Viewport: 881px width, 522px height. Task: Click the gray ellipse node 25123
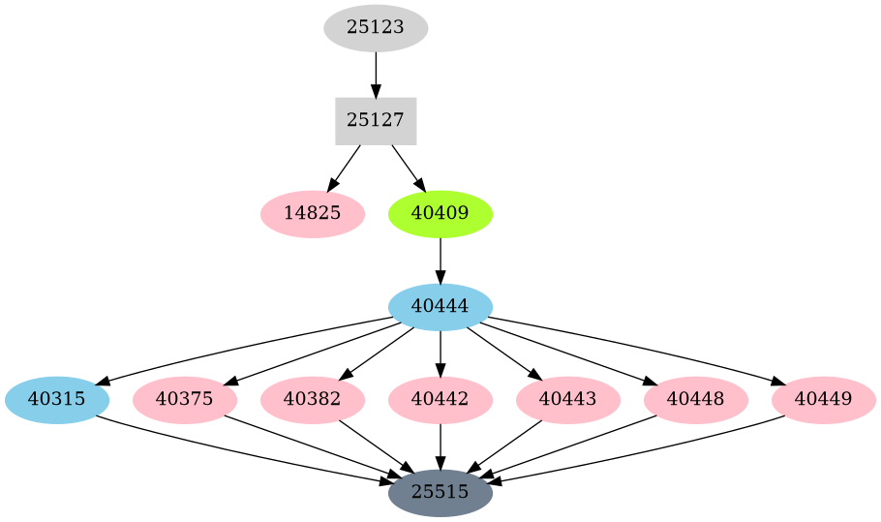coord(376,28)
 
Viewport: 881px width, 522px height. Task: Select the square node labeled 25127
coord(376,121)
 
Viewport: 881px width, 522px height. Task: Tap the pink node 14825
coord(313,214)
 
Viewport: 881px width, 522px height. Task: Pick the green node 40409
coord(440,214)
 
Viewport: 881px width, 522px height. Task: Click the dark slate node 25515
coord(440,493)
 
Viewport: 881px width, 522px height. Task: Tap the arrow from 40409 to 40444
coord(440,260)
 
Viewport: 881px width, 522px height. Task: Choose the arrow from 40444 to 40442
coord(440,353)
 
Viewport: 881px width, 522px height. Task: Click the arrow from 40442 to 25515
coord(440,446)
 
